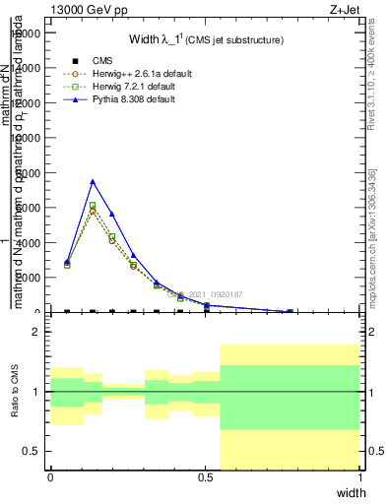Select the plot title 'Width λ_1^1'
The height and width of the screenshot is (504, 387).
tap(206, 39)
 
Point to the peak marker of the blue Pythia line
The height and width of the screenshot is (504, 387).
tap(93, 181)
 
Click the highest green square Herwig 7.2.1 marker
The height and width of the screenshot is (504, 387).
tap(93, 206)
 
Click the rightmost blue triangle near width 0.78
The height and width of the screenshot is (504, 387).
tap(290, 311)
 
